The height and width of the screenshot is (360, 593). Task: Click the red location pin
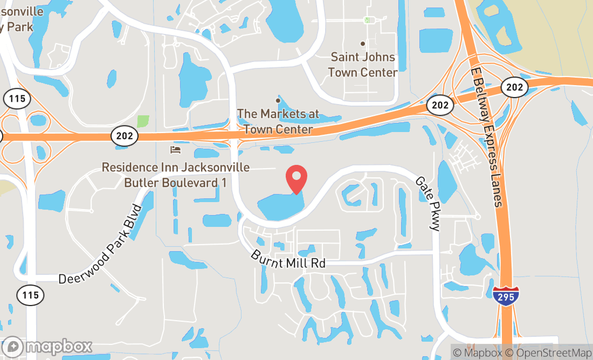(296, 178)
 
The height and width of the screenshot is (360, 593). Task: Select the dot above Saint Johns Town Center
(363, 44)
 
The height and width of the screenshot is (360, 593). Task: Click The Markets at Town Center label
(278, 122)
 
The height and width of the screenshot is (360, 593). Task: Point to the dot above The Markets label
(278, 100)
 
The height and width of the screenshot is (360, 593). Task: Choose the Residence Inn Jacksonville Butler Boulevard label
(176, 175)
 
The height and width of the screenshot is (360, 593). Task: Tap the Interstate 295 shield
(506, 296)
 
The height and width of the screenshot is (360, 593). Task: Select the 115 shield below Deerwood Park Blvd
(30, 295)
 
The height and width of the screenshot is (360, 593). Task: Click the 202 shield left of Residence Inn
(123, 137)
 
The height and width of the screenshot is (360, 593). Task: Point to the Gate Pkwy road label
(427, 204)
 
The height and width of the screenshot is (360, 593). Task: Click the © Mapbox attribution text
(477, 353)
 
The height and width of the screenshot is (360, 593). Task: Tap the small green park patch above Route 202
(143, 121)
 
